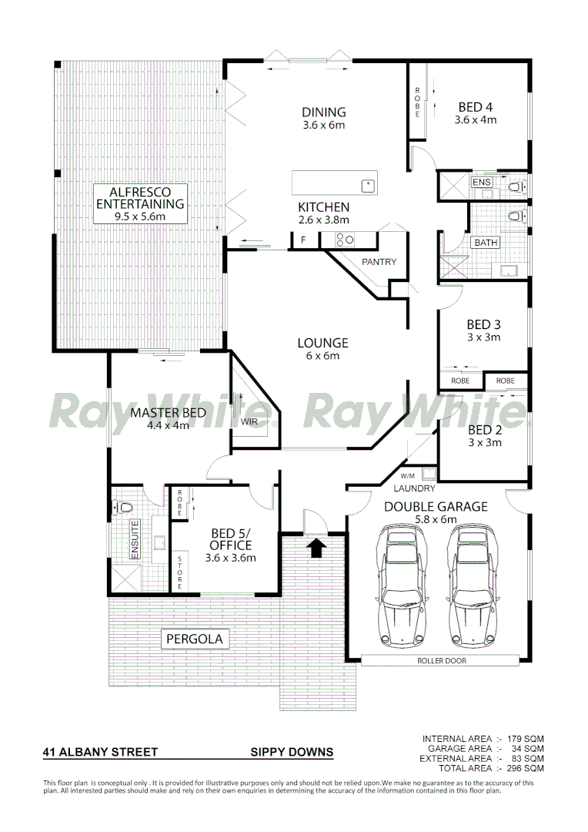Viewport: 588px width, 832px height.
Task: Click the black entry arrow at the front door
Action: point(316,548)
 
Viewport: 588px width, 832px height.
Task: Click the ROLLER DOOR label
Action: point(441,660)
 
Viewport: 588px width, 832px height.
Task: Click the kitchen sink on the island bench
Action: point(369,185)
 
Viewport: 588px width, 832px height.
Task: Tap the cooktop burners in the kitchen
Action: point(344,240)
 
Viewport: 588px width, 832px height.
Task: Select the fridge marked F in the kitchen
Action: point(303,240)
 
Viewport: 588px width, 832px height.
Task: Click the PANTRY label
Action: point(379,262)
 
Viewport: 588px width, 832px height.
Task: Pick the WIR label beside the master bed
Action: point(249,421)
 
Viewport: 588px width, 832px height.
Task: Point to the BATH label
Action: point(486,243)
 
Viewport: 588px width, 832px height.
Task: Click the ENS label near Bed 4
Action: point(481,182)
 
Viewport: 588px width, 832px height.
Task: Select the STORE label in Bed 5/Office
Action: point(180,572)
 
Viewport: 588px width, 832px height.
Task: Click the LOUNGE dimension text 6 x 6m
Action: point(323,356)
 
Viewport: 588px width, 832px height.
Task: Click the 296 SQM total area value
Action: point(526,768)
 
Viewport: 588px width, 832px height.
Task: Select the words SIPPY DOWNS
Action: point(292,752)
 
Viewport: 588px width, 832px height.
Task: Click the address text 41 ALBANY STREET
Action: point(100,752)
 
